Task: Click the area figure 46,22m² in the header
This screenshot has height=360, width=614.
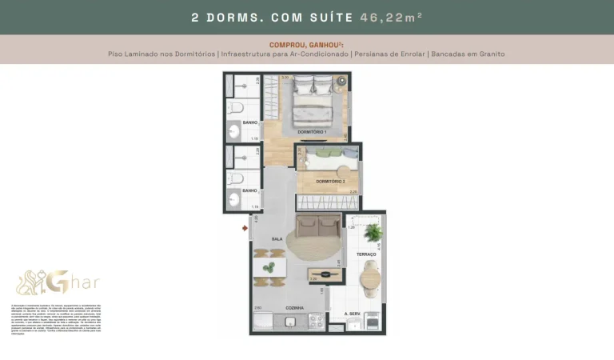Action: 393,17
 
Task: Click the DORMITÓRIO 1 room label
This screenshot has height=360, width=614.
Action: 313,131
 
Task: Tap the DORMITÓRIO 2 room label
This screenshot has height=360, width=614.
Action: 330,182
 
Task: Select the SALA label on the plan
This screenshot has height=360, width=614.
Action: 277,239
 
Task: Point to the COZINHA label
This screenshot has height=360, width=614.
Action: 297,308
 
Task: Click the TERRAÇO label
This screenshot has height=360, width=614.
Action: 366,254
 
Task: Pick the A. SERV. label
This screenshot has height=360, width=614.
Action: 354,314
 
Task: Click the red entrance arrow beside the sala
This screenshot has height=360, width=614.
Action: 245,228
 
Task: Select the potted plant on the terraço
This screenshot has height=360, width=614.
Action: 373,233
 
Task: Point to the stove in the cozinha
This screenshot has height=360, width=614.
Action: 315,322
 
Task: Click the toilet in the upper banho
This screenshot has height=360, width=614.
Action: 235,108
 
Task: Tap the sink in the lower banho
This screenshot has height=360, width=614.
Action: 234,200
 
